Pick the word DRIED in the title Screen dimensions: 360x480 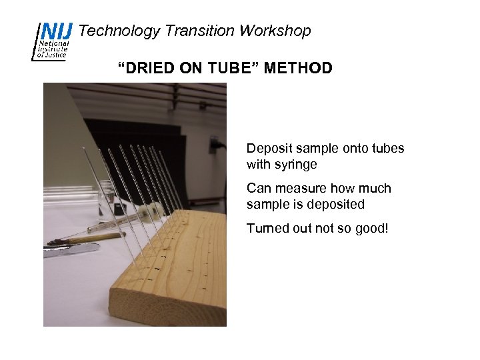pyautogui.click(x=146, y=67)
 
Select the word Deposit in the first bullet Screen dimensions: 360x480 pyautogui.click(x=268, y=148)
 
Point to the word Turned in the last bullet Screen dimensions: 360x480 pyautogui.click(x=267, y=228)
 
